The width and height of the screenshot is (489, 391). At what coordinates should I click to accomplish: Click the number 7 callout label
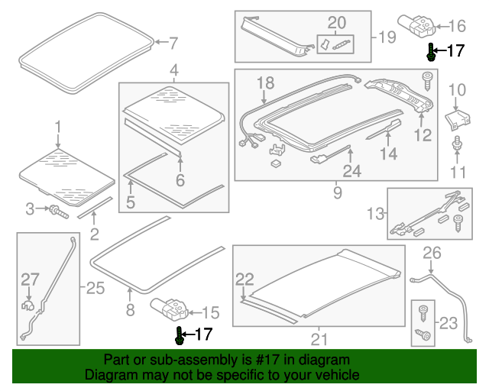click(173, 43)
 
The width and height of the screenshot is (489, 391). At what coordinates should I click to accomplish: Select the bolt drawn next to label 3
click(58, 209)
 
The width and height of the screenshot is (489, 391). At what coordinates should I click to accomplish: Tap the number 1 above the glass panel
click(57, 125)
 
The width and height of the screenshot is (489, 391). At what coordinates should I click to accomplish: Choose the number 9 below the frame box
click(337, 193)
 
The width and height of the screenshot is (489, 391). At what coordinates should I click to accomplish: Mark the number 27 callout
click(29, 279)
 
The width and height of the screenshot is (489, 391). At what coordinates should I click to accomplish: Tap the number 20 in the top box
click(336, 22)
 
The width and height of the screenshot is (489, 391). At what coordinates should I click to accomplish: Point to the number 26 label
click(432, 252)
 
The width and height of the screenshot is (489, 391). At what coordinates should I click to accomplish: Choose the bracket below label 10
click(458, 119)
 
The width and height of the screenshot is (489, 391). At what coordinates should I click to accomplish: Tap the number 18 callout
click(265, 82)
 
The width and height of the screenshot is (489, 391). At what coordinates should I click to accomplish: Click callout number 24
click(351, 172)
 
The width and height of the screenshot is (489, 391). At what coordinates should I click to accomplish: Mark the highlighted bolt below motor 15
click(180, 334)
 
